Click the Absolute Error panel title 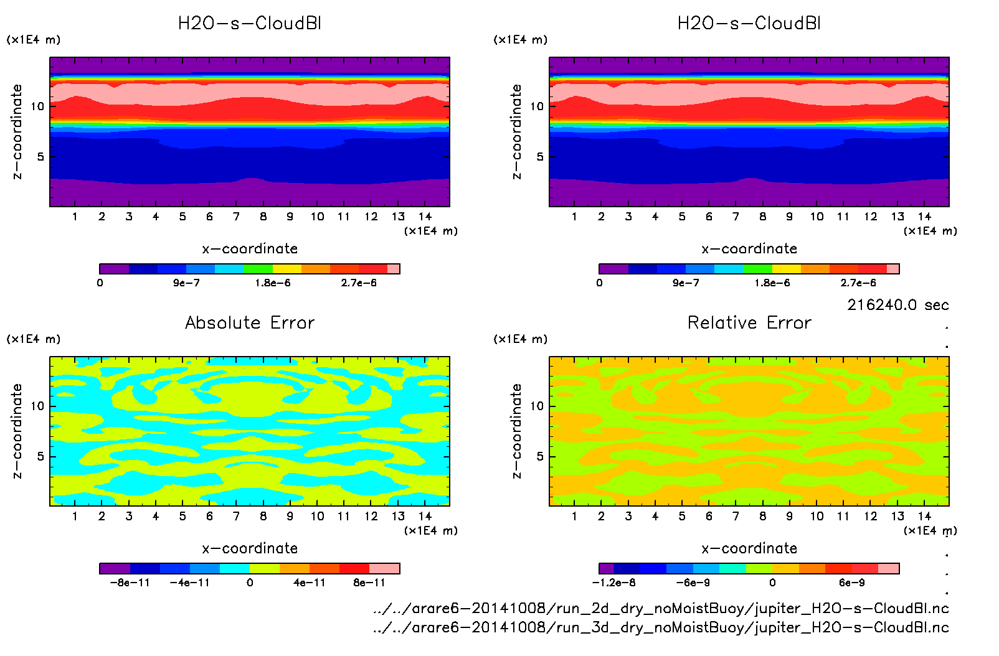[x=250, y=322]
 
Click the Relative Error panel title [x=749, y=322]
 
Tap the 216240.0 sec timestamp [x=897, y=305]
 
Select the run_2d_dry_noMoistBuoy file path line [x=661, y=608]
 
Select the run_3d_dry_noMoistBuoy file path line [x=661, y=627]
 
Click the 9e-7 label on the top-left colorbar [x=186, y=283]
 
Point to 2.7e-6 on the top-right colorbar [x=858, y=283]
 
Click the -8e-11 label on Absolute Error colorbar [x=130, y=583]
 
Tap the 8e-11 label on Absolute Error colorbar [x=369, y=583]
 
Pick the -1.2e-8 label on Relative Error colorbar [x=613, y=583]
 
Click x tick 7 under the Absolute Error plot [x=236, y=516]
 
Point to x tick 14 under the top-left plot [x=425, y=217]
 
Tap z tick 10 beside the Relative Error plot [x=537, y=406]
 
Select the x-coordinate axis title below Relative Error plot [x=749, y=548]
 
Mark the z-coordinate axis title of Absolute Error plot [x=17, y=431]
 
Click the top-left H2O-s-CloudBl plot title [x=250, y=24]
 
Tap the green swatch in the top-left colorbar [x=258, y=269]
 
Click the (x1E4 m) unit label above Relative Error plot [x=521, y=339]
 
